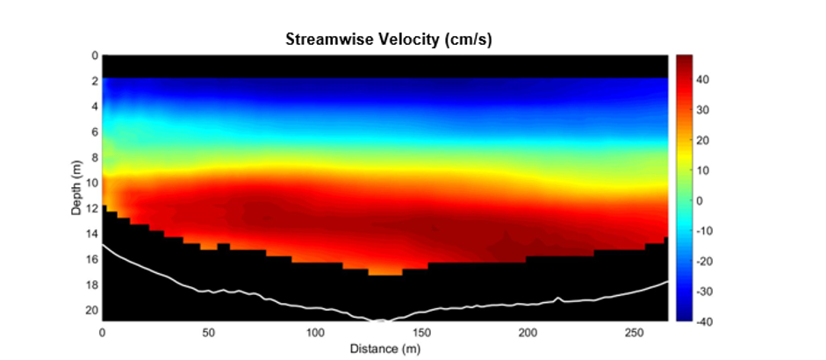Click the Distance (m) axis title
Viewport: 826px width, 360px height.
click(384, 349)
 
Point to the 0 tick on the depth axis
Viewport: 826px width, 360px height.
click(95, 55)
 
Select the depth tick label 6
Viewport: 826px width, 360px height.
click(95, 132)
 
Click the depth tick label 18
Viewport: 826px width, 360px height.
click(93, 285)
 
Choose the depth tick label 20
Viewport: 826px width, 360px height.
click(93, 311)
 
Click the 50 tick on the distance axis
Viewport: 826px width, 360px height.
click(209, 334)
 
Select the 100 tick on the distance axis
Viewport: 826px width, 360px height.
click(315, 334)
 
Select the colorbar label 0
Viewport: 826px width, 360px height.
click(700, 200)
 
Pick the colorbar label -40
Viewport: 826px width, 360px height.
click(703, 321)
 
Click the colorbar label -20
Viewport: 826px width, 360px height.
click(703, 261)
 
